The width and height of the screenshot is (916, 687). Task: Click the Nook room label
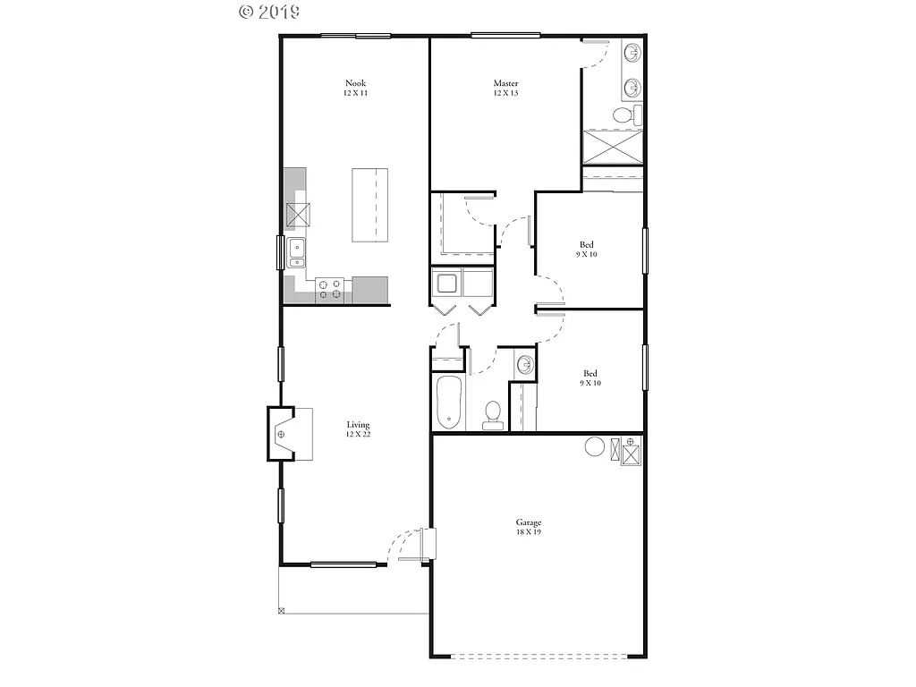[x=355, y=83]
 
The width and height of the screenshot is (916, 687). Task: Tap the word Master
[x=505, y=83]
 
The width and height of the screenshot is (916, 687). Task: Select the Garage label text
[x=528, y=522]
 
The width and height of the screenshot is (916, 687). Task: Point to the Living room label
[x=358, y=425]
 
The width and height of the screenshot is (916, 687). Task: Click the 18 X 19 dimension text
[x=528, y=532]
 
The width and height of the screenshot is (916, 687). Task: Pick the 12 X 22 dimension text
[x=358, y=435]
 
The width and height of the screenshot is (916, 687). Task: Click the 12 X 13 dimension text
[x=505, y=93]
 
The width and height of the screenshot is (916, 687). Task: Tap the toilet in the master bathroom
[x=624, y=115]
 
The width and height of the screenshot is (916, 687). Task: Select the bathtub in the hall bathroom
[x=448, y=403]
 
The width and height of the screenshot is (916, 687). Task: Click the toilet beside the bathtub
[x=492, y=413]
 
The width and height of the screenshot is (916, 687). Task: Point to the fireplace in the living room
[x=283, y=435]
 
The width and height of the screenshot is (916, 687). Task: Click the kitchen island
[x=371, y=204]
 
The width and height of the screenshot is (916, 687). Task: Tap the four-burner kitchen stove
[x=329, y=289]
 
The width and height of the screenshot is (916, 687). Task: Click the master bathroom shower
[x=613, y=148]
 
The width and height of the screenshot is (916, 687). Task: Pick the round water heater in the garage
[x=595, y=446]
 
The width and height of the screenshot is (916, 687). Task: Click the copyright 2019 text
[x=269, y=12]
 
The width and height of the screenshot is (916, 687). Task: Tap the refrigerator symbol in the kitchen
[x=298, y=214]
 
